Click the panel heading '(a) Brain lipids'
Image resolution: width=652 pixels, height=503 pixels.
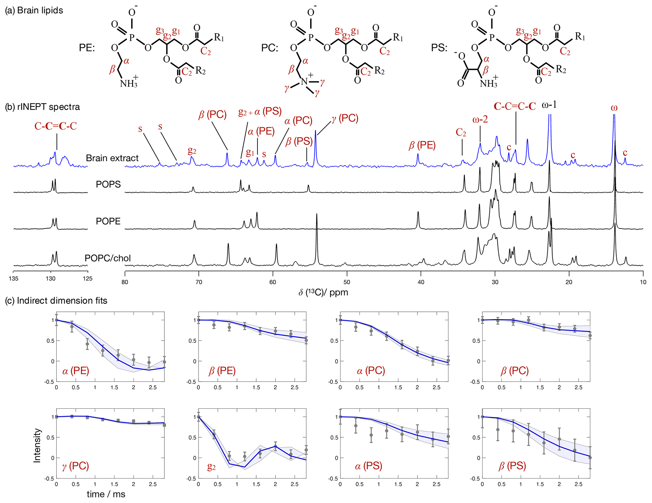(34, 10)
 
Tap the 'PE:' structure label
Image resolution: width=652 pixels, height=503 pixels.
(87, 48)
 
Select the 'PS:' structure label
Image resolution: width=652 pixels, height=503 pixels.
(439, 48)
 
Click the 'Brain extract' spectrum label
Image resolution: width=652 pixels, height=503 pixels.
(112, 158)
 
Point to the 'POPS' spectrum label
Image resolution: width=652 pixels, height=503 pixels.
(108, 184)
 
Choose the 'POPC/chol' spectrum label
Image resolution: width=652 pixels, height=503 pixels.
(108, 258)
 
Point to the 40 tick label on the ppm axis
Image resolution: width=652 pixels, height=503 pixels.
(421, 282)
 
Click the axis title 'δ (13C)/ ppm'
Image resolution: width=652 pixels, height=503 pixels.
(323, 292)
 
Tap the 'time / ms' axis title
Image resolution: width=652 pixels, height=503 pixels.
(106, 494)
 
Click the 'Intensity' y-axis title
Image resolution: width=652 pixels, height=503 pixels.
(37, 445)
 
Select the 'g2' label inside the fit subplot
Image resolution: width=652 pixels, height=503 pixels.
(211, 467)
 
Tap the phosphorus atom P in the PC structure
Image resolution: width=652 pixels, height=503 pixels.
(311, 38)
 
